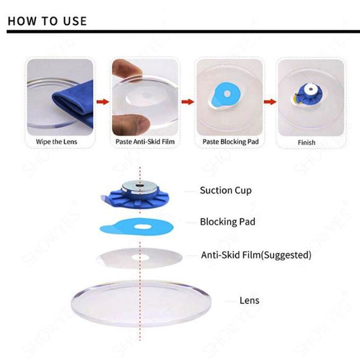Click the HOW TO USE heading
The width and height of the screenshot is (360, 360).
(x=47, y=21)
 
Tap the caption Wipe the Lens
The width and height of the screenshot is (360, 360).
(x=57, y=142)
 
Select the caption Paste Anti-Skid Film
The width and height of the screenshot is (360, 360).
(x=143, y=142)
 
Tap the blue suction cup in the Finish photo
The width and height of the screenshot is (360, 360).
(x=310, y=93)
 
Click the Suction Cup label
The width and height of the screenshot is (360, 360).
(x=225, y=190)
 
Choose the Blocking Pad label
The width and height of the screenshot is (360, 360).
(x=227, y=222)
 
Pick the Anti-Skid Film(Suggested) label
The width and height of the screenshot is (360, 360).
(x=256, y=255)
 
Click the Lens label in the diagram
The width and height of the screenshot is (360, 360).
(x=249, y=300)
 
